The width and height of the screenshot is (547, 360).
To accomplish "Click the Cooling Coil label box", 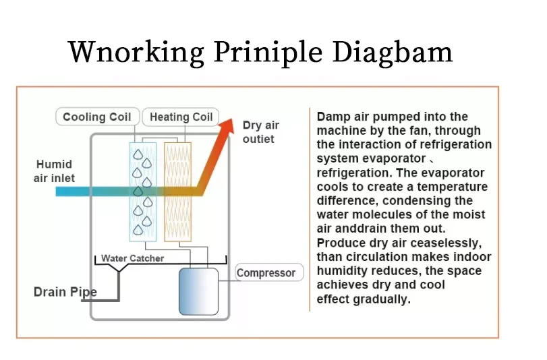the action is (98, 117).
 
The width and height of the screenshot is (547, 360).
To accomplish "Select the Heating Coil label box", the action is (181, 117).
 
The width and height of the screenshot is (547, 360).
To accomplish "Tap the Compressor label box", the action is (269, 272).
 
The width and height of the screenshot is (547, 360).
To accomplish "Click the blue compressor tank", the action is (198, 292).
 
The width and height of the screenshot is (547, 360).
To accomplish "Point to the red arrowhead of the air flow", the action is (227, 127).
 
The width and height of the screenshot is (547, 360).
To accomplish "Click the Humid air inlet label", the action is (54, 171).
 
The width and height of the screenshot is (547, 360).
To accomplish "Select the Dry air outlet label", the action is (260, 132).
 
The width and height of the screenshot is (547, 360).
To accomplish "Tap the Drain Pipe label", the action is (65, 292).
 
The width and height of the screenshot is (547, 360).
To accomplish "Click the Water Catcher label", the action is (133, 258).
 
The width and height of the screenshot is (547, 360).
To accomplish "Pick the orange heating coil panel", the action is (177, 191).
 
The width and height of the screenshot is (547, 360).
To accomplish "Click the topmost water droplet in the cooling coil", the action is (138, 154).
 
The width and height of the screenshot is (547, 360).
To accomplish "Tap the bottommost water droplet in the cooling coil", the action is (138, 230).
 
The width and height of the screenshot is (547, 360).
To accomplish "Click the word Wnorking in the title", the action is (136, 53).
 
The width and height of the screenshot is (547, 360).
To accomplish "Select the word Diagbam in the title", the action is (392, 53).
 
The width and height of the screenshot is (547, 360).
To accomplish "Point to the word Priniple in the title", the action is (268, 53).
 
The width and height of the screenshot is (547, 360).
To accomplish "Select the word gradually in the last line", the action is (382, 299).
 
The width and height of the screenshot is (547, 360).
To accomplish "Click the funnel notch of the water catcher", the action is (119, 268).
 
